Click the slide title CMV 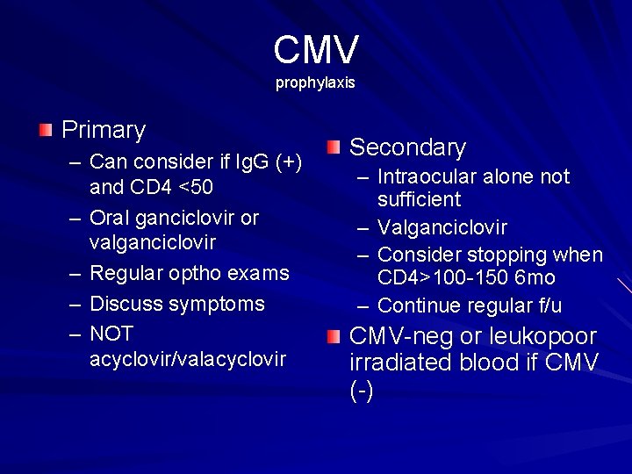pos(316,50)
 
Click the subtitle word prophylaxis pos(315,83)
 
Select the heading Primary pos(104,131)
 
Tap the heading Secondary pos(407,147)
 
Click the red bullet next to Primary pos(46,131)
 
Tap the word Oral pos(111,218)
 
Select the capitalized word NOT pos(111,334)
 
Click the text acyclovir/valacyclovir pos(187,359)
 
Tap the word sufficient pos(419,200)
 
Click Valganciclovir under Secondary pos(442,227)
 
